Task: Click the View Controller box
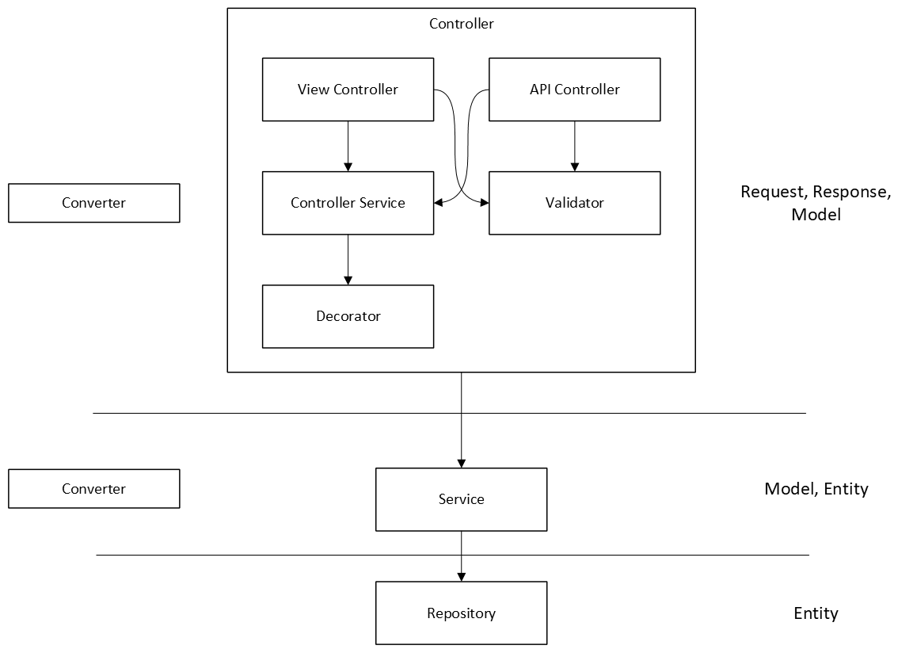pyautogui.click(x=348, y=90)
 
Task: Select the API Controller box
pyautogui.click(x=574, y=90)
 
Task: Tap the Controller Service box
pyautogui.click(x=348, y=203)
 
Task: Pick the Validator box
pyautogui.click(x=574, y=203)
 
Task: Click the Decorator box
pyautogui.click(x=348, y=316)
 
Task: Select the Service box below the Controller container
pyautogui.click(x=461, y=499)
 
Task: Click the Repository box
pyautogui.click(x=461, y=613)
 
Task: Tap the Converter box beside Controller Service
pyautogui.click(x=93, y=203)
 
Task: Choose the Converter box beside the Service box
pyautogui.click(x=93, y=489)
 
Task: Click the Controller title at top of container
pyautogui.click(x=461, y=24)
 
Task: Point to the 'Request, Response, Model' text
pyautogui.click(x=816, y=203)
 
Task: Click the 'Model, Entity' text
pyautogui.click(x=816, y=489)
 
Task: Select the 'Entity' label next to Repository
pyautogui.click(x=816, y=613)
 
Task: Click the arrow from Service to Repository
pyautogui.click(x=461, y=555)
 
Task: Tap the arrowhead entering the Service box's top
pyautogui.click(x=461, y=464)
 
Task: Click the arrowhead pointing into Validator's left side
pyautogui.click(x=484, y=203)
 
